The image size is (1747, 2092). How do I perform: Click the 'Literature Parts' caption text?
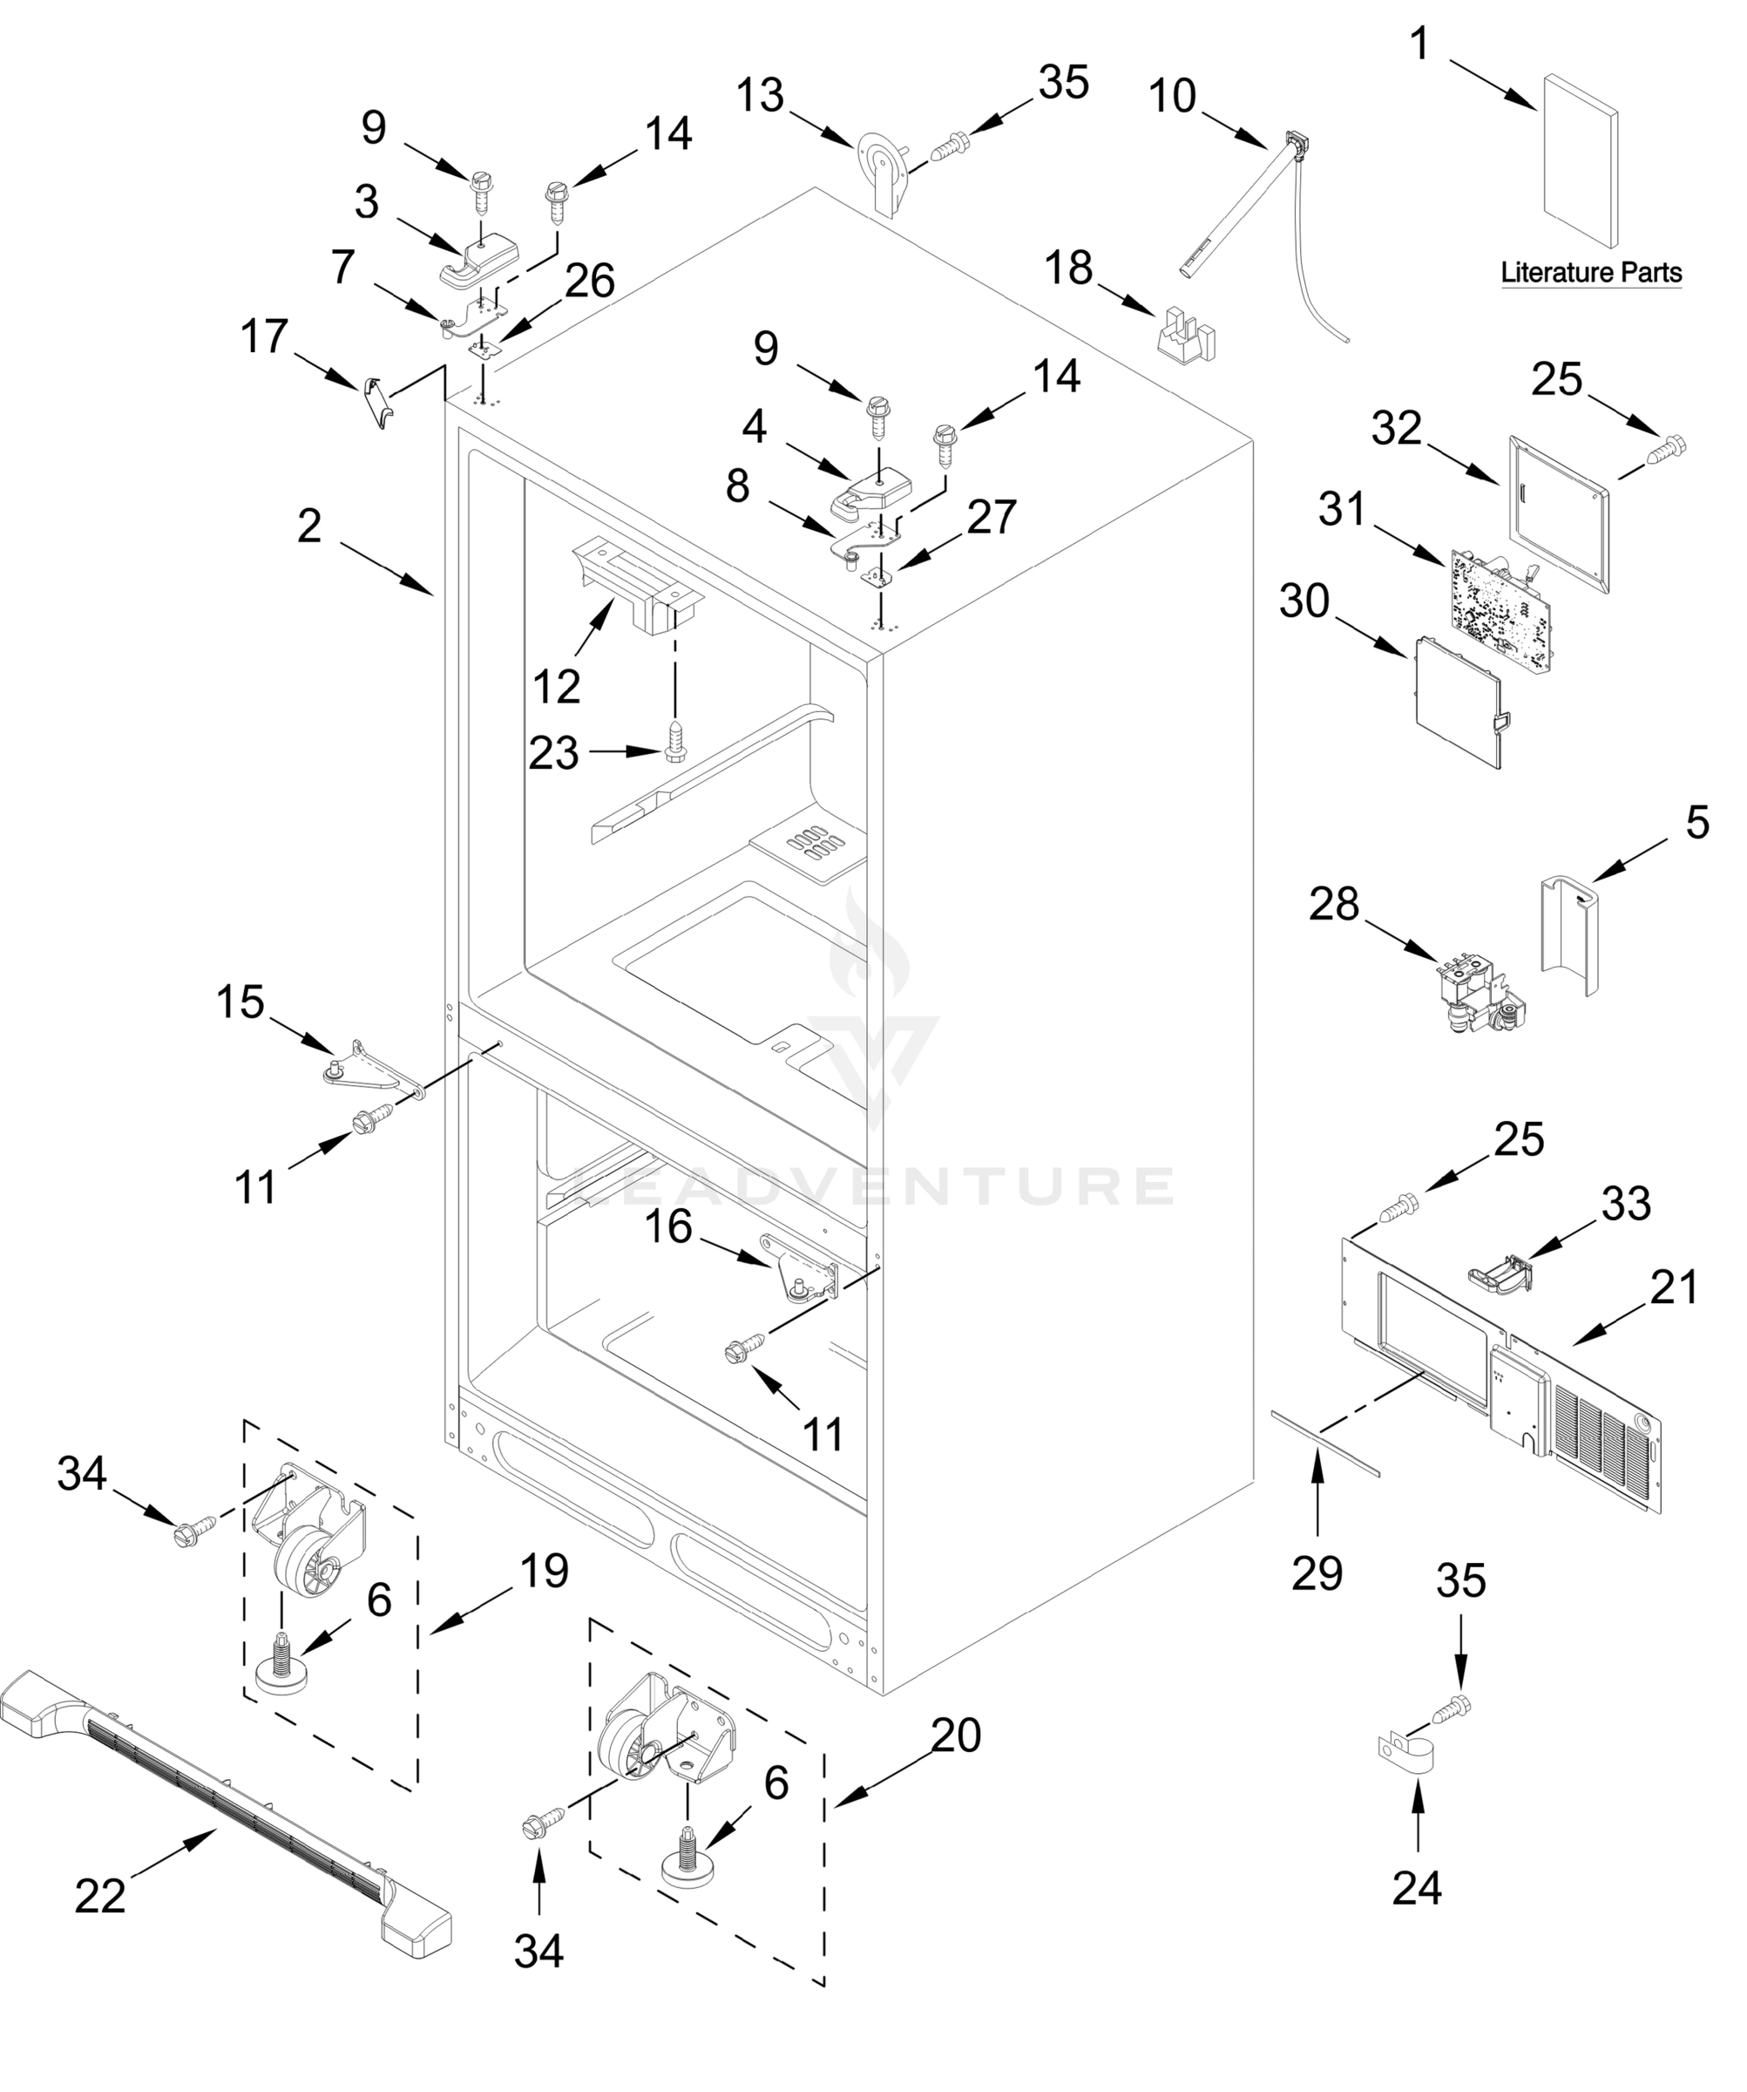1591,272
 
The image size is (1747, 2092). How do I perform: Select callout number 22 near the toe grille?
100,1895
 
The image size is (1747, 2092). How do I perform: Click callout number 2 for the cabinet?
310,525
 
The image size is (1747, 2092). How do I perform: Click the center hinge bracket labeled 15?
374,1067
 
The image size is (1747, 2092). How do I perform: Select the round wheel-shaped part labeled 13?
883,166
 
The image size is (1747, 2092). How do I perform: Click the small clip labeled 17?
375,400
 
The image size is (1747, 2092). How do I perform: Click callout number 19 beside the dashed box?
544,1570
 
